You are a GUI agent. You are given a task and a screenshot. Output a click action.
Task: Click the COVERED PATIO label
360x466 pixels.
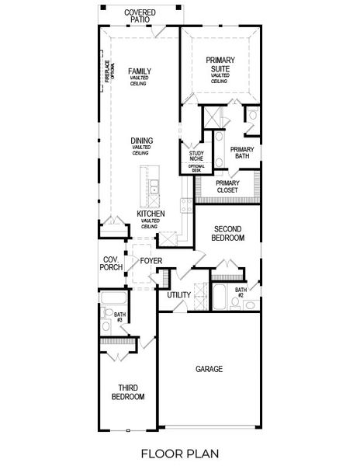[140, 15]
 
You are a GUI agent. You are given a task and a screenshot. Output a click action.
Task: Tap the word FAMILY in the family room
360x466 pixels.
[140, 71]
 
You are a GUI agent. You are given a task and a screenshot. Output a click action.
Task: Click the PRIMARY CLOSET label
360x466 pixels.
[227, 186]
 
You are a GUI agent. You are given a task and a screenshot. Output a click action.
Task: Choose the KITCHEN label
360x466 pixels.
[150, 213]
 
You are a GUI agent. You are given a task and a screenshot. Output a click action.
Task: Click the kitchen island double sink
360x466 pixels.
[154, 187]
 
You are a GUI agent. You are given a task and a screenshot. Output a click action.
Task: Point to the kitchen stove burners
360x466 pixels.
[185, 205]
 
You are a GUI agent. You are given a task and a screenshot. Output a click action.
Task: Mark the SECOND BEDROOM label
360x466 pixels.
[228, 234]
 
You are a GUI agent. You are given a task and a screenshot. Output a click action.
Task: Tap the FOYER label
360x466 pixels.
[151, 260]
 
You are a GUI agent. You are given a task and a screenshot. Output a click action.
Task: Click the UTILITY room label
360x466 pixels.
[179, 294]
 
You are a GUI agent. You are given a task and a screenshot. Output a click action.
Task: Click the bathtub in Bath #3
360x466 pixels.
[113, 298]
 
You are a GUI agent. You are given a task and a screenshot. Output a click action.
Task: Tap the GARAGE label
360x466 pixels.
[209, 369]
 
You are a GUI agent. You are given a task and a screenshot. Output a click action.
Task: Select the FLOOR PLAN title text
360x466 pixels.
[179, 451]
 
